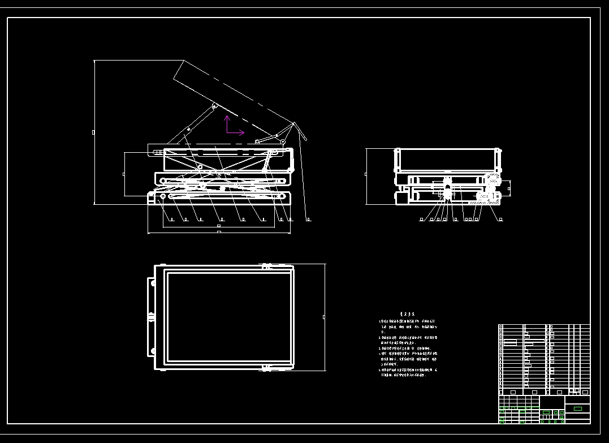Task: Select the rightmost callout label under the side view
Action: (309, 219)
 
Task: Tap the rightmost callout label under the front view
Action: (501, 219)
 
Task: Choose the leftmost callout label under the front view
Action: (422, 219)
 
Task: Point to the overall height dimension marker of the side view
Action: (94, 132)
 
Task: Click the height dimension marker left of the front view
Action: (366, 174)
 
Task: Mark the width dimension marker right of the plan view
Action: (324, 317)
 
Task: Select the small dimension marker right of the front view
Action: (509, 189)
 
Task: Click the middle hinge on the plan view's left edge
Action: (152, 317)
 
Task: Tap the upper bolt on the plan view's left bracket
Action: (152, 283)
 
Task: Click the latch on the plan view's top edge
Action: (266, 265)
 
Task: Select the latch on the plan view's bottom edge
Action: (266, 368)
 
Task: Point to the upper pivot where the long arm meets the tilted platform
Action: (214, 106)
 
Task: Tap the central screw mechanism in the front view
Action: (447, 189)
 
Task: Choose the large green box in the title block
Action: (577, 408)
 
